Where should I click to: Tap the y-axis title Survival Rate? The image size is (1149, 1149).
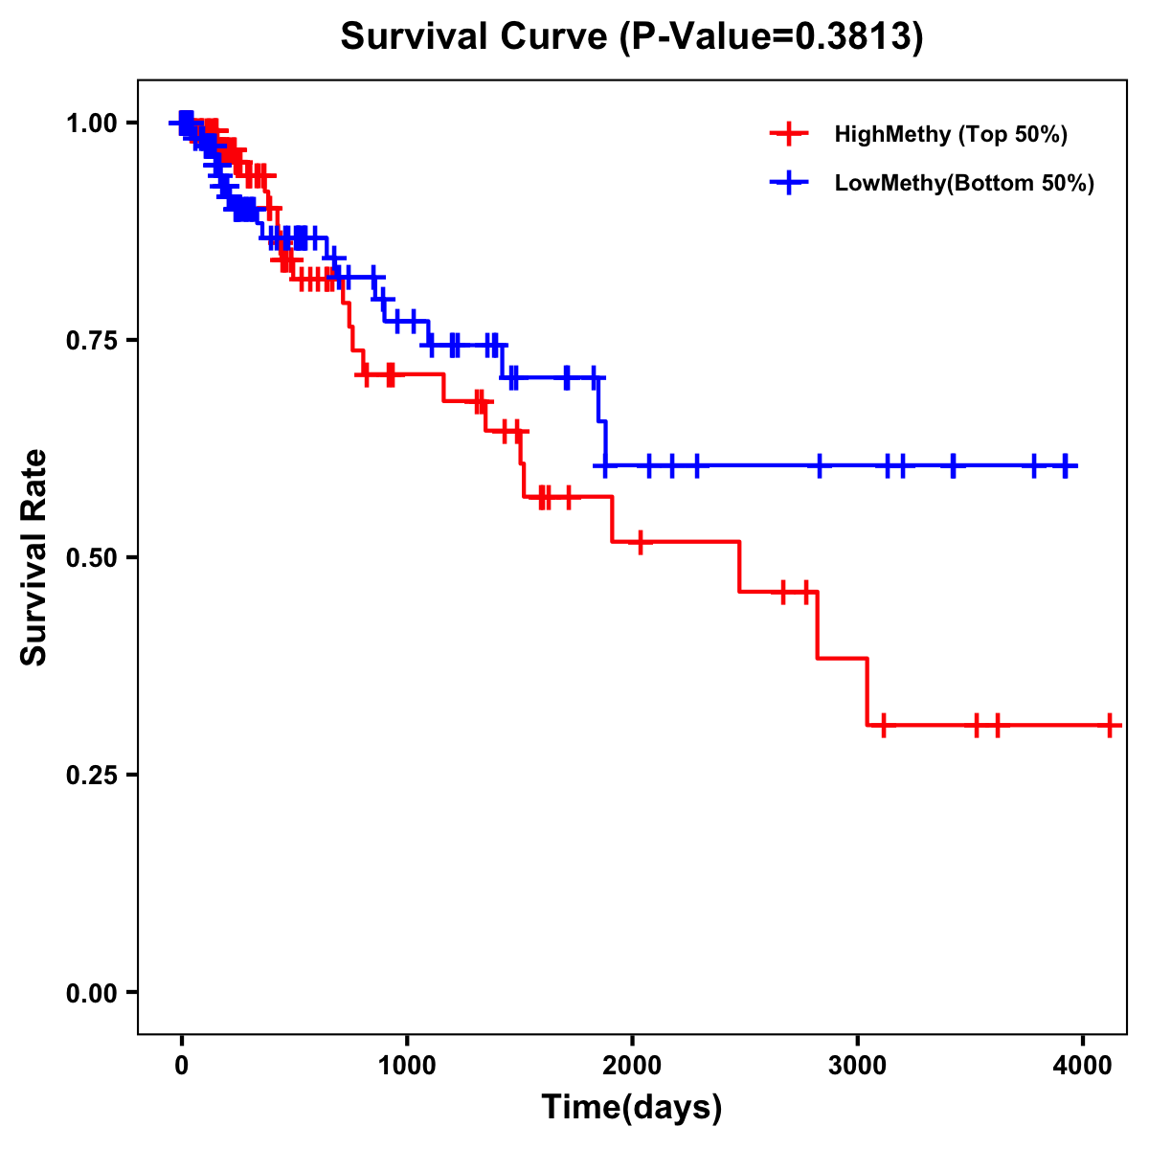(x=34, y=557)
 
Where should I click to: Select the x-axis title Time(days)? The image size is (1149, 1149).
(x=632, y=1108)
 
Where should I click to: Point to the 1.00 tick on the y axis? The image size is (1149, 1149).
(x=92, y=123)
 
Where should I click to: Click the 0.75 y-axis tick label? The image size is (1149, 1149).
(x=92, y=340)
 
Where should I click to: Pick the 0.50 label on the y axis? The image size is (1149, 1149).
(x=92, y=557)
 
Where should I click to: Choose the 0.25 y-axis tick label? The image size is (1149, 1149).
(x=92, y=775)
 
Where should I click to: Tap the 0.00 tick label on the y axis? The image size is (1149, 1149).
(x=92, y=992)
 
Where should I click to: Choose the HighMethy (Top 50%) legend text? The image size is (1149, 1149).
(x=951, y=134)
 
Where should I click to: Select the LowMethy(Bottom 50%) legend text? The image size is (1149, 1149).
(x=964, y=183)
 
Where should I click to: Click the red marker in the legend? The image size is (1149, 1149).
(x=789, y=134)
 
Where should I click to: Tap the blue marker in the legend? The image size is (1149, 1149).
(x=789, y=183)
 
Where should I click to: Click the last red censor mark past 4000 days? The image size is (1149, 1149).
(x=1109, y=725)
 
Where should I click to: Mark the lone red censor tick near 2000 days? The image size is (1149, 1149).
(x=640, y=542)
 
